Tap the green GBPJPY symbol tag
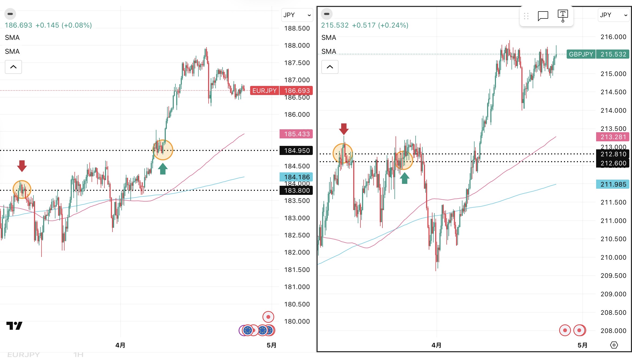(581, 54)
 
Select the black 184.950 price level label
(296, 151)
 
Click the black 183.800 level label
(296, 191)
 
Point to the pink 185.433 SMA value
(296, 134)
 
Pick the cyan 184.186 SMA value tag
(296, 177)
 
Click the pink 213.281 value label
(613, 137)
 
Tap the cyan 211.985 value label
(613, 184)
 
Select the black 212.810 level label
(613, 154)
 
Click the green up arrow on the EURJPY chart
(163, 169)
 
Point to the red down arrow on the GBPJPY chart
(344, 129)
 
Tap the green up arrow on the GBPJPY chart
(405, 178)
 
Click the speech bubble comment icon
(543, 16)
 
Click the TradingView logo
(14, 325)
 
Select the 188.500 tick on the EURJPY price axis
(297, 28)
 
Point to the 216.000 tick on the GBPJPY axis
(613, 37)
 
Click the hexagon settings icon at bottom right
(614, 345)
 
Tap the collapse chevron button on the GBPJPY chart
(330, 67)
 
